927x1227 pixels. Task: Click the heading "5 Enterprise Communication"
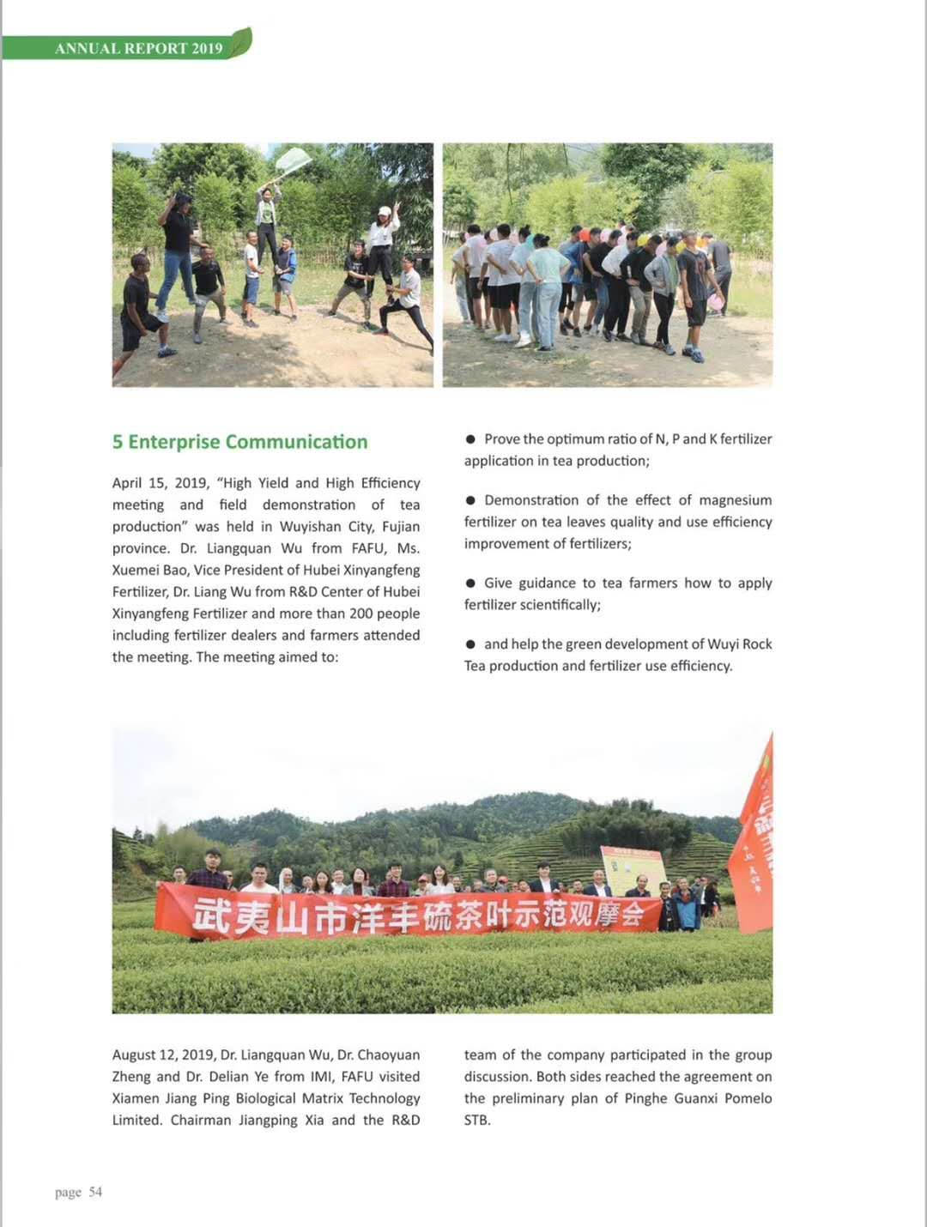pos(239,442)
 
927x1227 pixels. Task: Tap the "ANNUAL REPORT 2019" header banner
pos(138,48)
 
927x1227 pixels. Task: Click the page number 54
pos(95,1192)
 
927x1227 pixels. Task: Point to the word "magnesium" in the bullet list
pos(736,500)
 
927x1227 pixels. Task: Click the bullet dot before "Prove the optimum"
pos(470,439)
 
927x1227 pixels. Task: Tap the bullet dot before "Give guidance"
pos(470,583)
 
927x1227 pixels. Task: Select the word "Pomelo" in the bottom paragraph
pos(748,1098)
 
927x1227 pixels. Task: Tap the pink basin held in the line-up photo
pos(714,301)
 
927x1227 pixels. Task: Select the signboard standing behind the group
pos(633,867)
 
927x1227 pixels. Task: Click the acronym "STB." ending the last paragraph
pos(477,1120)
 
